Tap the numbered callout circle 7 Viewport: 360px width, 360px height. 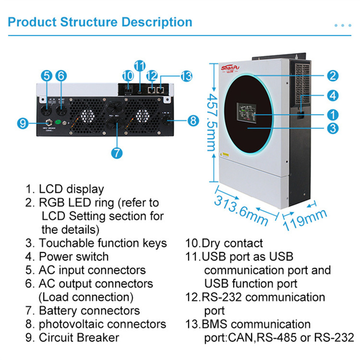117,153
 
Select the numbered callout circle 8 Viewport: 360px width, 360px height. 193,120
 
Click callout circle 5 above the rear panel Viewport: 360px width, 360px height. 46,75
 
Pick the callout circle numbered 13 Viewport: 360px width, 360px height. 186,75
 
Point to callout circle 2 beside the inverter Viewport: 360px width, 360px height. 333,75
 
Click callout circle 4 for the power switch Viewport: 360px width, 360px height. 333,95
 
